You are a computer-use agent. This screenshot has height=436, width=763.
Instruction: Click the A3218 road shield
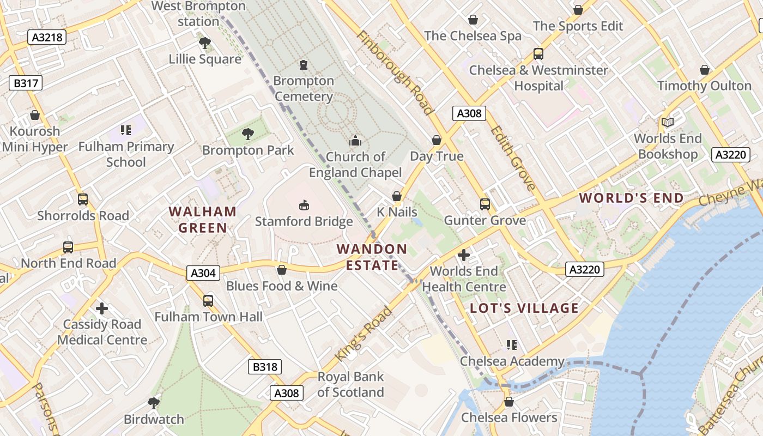pos(47,37)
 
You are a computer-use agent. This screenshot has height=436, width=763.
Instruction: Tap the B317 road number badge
pos(25,83)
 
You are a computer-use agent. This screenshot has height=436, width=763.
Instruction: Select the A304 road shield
pos(203,273)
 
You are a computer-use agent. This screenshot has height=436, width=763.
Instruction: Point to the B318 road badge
pos(265,367)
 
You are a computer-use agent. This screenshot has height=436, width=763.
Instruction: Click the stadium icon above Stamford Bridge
pos(304,205)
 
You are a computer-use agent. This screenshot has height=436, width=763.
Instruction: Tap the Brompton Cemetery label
pos(304,88)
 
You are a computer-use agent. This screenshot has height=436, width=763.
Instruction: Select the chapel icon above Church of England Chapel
pos(355,141)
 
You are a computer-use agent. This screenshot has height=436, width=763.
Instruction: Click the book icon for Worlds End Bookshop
pos(668,123)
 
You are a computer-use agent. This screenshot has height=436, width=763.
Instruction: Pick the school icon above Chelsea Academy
pos(511,345)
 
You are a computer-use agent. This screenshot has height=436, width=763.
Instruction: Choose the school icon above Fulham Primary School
pos(126,130)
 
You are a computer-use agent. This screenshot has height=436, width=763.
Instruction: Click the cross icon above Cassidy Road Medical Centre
pos(101,308)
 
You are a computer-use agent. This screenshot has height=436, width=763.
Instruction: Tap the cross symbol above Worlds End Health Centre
pos(464,255)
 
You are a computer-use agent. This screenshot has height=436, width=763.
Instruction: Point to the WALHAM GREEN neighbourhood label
pos(202,220)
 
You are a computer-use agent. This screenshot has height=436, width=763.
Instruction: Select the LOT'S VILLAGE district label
pos(524,308)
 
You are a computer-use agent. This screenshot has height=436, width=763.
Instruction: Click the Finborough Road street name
pos(395,72)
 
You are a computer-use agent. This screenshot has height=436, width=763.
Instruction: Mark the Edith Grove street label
pos(512,158)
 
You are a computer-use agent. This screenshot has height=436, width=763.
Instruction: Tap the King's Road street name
pos(364,334)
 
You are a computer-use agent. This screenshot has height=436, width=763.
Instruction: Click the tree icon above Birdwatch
pos(154,403)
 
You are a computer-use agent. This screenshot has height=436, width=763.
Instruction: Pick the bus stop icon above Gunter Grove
pos(485,204)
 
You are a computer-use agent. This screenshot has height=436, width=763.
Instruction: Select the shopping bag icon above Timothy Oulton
pos(704,70)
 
